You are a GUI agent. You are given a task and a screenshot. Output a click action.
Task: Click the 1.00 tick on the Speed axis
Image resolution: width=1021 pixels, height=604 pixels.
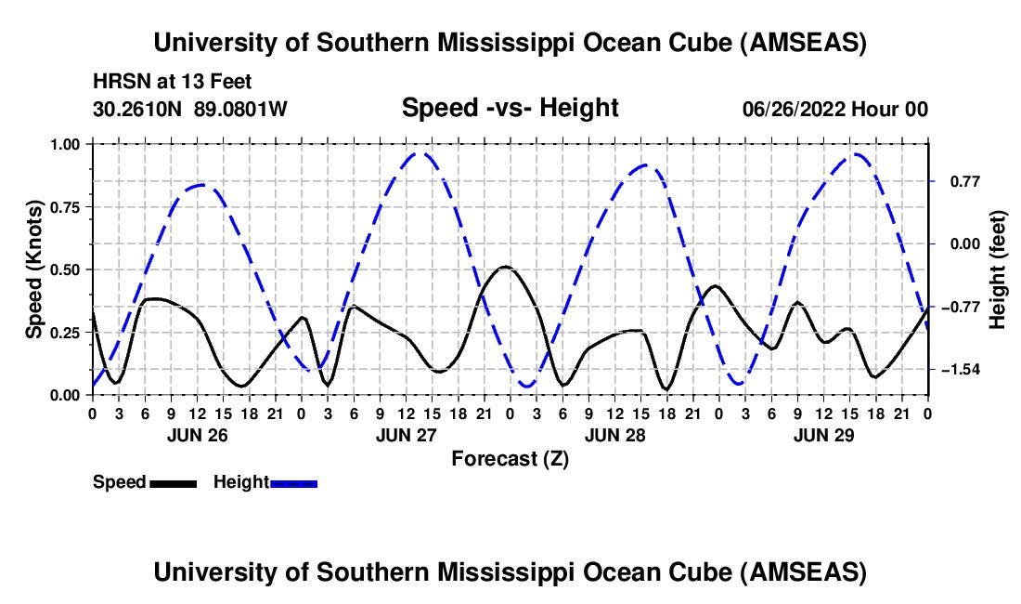point(65,144)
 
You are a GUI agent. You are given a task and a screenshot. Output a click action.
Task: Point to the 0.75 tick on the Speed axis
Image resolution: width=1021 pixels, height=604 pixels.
point(65,207)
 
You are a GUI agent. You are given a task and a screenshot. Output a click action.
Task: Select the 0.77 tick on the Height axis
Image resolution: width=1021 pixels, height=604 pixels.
point(965,181)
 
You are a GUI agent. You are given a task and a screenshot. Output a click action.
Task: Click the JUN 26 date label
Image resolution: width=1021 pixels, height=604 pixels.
point(198,435)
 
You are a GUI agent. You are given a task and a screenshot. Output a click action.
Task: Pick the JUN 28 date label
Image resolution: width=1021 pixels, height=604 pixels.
point(614,435)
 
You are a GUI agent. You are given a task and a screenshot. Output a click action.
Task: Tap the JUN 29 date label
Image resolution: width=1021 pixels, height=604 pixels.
point(823,435)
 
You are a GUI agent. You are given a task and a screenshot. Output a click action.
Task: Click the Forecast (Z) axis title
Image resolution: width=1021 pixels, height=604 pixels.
point(510,459)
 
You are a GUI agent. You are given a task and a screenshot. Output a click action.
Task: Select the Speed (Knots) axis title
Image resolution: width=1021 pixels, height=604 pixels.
point(33,269)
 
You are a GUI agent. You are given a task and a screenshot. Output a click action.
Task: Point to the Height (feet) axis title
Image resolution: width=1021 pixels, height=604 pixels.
point(998,269)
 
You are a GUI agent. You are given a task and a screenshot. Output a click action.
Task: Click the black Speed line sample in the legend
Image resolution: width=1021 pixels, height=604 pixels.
point(174,483)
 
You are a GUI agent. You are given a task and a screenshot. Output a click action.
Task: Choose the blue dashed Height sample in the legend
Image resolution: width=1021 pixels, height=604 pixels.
point(293,483)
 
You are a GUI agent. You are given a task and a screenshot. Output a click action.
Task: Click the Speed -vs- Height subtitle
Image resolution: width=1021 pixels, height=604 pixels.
point(510,108)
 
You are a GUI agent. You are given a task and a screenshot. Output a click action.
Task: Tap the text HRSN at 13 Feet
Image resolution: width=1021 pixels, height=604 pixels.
point(172,82)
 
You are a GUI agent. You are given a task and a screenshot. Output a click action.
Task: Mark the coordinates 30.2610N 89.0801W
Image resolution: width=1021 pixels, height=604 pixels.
point(190,109)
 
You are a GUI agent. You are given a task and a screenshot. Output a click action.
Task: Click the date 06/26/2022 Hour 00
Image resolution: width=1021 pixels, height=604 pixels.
point(835,109)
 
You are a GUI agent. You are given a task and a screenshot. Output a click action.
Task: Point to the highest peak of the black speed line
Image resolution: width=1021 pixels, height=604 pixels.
point(505,267)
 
